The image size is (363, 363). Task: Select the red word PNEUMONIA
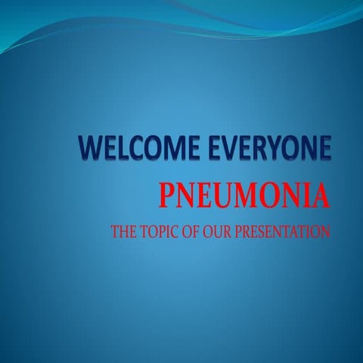244,198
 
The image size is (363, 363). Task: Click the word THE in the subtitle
123,232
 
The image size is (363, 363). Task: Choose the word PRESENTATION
281,232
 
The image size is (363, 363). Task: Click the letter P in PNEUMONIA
166,198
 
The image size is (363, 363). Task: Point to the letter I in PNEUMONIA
307,198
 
